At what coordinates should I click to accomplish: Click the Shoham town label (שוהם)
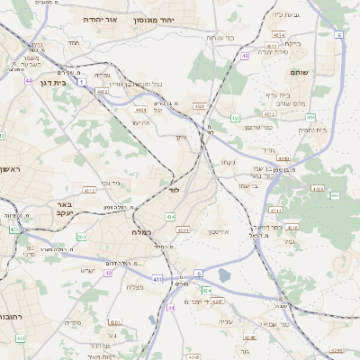click(x=300, y=71)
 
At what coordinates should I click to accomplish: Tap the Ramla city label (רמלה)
click(x=144, y=232)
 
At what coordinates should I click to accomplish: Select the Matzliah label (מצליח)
click(x=136, y=287)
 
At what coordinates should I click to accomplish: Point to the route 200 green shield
click(x=81, y=238)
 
